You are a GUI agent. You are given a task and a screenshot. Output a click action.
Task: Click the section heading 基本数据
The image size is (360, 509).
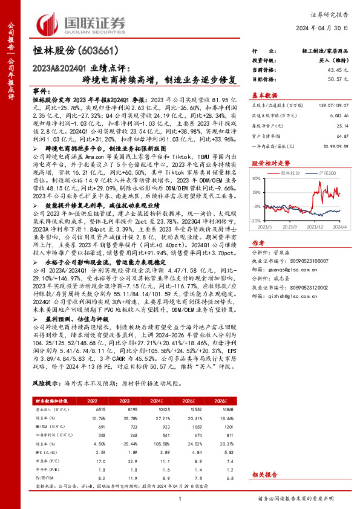pos(264,96)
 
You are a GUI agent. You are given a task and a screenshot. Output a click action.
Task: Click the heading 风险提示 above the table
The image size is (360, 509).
pos(45,384)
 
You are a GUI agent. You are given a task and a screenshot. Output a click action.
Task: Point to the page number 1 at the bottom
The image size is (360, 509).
pos(180,497)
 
